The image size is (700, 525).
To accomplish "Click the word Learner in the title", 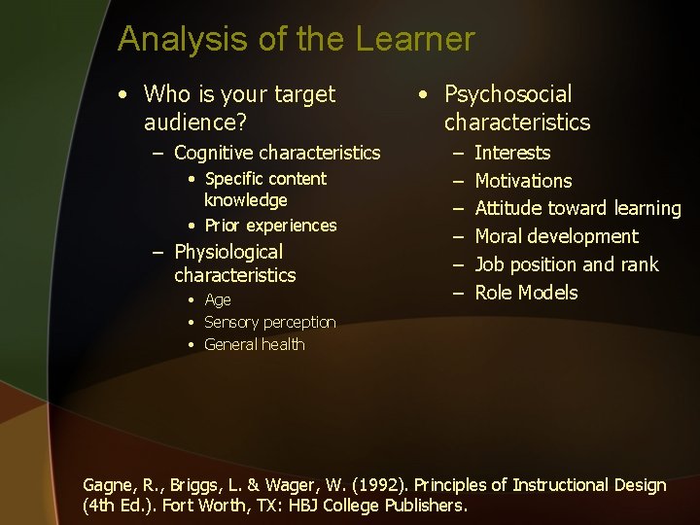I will click(415, 40).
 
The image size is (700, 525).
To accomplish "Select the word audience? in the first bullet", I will click(194, 122).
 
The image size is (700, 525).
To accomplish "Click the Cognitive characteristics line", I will click(277, 153).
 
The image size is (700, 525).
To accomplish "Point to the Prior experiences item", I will click(270, 226).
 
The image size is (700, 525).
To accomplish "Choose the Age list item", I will click(217, 299).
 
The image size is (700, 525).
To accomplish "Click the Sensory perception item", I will click(269, 322).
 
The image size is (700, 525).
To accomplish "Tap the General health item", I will click(254, 344).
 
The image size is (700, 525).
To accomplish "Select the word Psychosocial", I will click(507, 94).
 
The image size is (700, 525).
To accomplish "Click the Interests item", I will click(511, 153).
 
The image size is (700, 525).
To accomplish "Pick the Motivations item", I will click(523, 181).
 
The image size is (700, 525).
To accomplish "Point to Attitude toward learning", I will click(577, 208).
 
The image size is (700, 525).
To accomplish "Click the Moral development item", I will click(556, 236).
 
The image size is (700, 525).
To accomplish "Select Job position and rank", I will click(566, 264).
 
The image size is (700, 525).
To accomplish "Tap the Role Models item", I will click(526, 293).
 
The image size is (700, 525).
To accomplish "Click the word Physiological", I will click(227, 253).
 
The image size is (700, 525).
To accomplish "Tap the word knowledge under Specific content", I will click(245, 200).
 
